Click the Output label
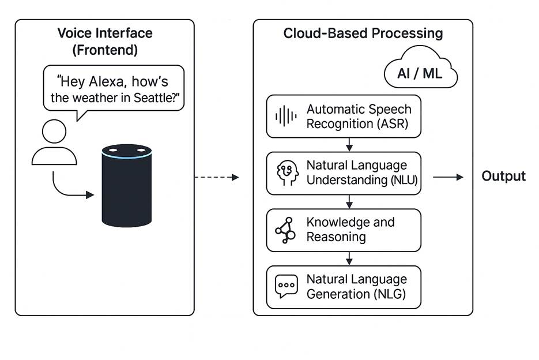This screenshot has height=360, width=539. (503, 177)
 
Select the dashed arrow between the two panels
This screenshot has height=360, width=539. (216, 177)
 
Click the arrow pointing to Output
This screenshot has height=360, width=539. (448, 177)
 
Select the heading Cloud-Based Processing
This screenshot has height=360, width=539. (363, 33)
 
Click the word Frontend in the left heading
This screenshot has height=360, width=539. (105, 50)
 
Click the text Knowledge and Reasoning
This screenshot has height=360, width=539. (350, 230)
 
